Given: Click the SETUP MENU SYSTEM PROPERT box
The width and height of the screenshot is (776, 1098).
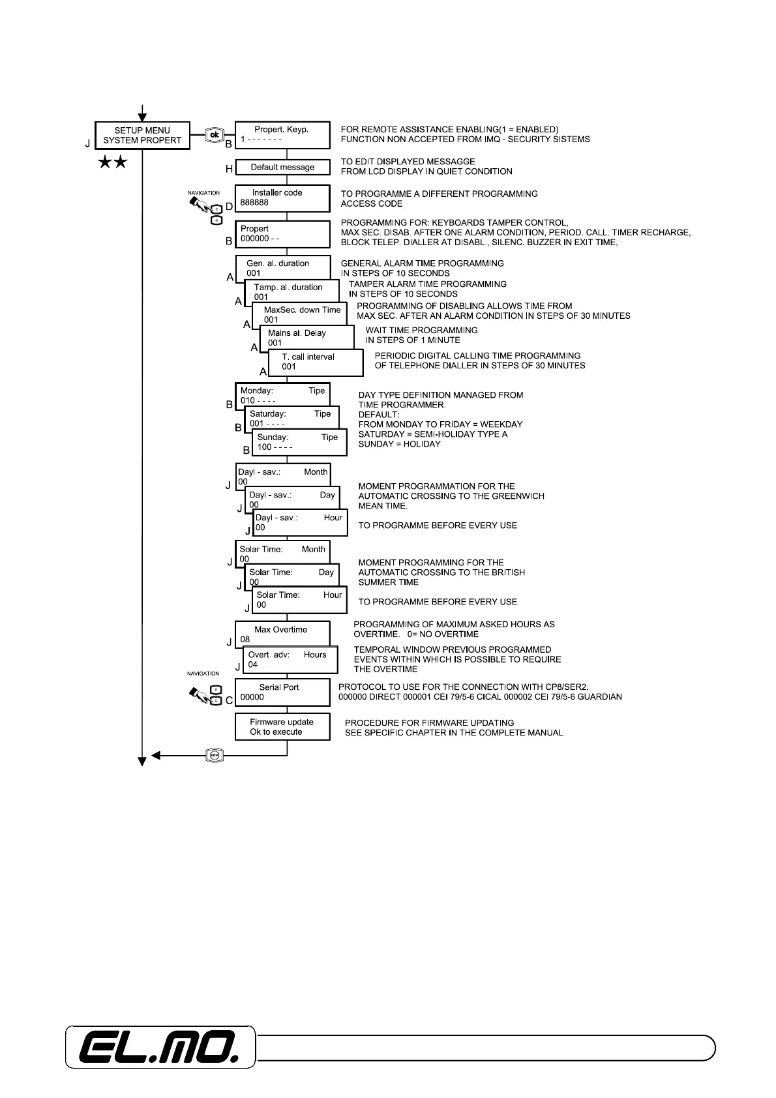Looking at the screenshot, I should [142, 135].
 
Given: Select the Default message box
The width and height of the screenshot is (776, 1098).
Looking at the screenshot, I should [282, 168].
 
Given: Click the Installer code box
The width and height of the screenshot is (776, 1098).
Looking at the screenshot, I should [282, 198].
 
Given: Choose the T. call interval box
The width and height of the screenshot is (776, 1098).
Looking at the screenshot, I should [316, 363].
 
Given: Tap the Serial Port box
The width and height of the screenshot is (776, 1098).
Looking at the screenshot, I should [282, 692].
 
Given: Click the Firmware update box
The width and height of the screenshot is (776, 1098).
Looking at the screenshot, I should [282, 727].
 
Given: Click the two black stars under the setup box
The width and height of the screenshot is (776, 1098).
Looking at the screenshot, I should [112, 163].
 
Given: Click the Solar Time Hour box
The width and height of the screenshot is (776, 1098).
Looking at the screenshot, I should [299, 599].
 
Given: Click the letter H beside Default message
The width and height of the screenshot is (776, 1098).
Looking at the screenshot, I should [229, 169].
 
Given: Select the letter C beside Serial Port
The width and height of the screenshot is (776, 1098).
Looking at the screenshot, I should [229, 700].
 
